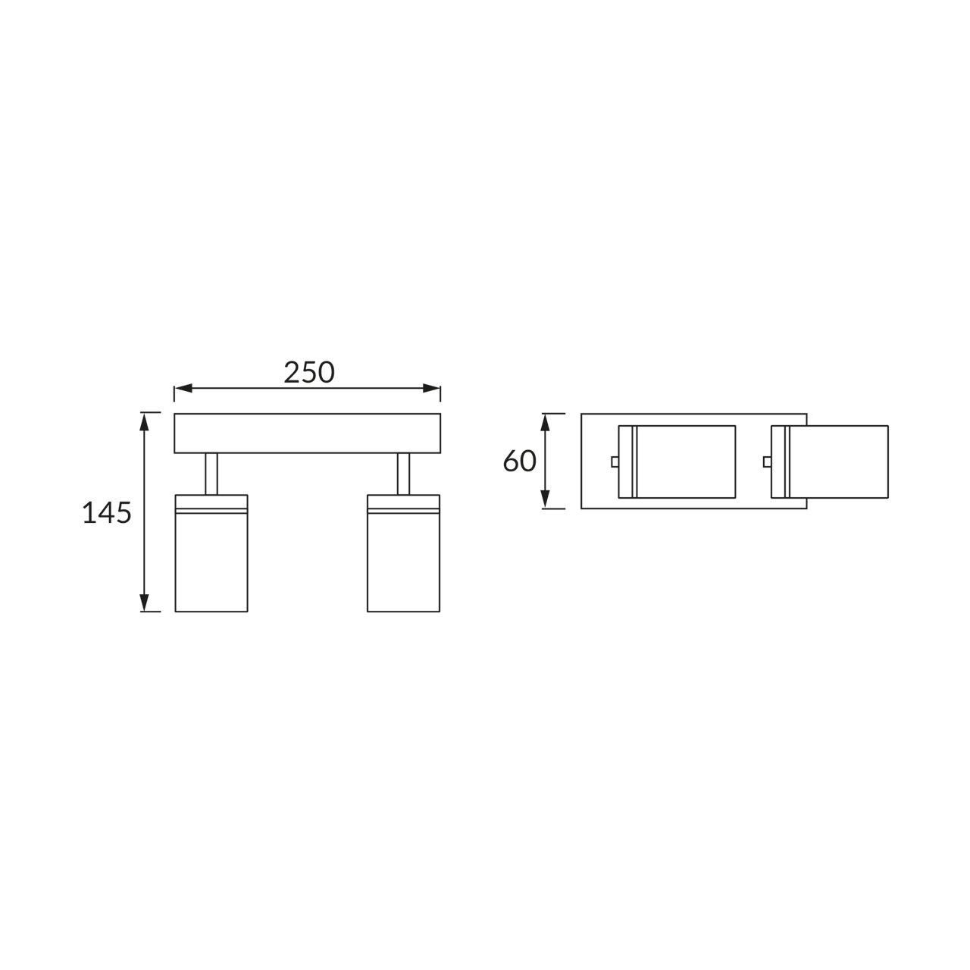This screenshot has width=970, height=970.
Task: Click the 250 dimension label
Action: (308, 372)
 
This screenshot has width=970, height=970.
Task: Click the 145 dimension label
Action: (107, 513)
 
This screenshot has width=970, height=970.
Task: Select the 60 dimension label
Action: (520, 461)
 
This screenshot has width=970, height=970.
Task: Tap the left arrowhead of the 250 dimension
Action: (183, 389)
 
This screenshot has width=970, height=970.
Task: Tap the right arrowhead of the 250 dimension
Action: (432, 389)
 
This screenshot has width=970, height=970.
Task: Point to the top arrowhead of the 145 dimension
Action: (144, 421)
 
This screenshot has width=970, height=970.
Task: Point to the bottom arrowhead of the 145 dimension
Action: (144, 602)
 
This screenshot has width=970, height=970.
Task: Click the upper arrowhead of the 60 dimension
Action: (545, 422)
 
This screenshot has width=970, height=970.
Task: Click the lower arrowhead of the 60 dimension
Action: (545, 499)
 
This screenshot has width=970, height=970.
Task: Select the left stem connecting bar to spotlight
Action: (211, 474)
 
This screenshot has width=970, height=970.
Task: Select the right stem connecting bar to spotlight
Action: (404, 474)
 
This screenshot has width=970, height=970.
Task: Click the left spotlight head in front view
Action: (211, 561)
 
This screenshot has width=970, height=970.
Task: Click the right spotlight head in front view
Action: (404, 561)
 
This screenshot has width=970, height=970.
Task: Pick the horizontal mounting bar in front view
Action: (307, 433)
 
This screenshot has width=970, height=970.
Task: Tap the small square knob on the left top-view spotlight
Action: (615, 462)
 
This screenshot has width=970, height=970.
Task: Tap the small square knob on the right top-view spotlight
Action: (767, 462)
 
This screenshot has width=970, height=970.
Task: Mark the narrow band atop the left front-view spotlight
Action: (211, 503)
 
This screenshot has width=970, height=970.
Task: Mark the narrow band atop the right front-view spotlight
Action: (404, 503)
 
